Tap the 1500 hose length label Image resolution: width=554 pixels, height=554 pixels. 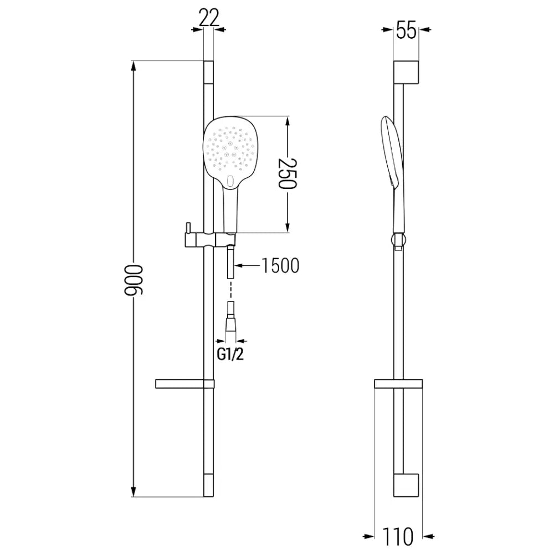click(279, 266)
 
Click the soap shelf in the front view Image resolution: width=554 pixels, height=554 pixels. click(183, 383)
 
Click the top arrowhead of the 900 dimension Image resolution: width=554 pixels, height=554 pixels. click(133, 66)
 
